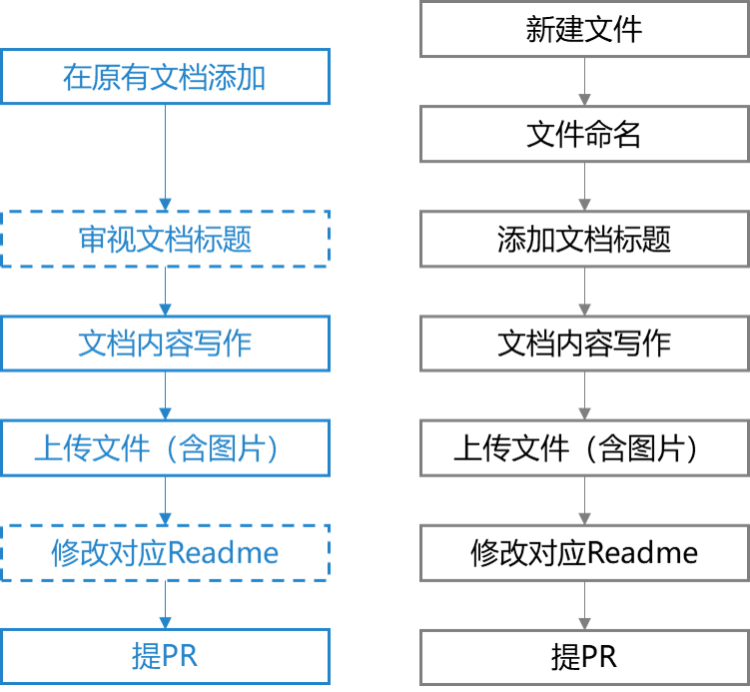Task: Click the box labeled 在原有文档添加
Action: [x=165, y=77]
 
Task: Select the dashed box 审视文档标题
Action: [x=165, y=239]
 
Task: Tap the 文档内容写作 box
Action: [x=165, y=344]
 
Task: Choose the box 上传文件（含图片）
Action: [x=165, y=447]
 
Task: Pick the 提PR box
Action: [x=165, y=656]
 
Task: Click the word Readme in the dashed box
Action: [x=223, y=552]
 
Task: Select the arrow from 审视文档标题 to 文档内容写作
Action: [x=166, y=291]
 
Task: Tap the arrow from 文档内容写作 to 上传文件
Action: [x=166, y=395]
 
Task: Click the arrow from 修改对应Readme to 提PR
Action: [x=166, y=604]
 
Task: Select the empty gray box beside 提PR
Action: [x=584, y=656]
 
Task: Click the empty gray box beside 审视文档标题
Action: [x=584, y=239]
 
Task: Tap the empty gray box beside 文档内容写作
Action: [x=584, y=344]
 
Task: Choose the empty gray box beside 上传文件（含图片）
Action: [x=584, y=447]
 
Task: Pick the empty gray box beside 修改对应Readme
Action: [x=584, y=552]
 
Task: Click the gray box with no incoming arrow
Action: [x=584, y=29]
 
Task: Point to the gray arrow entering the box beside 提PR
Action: [x=584, y=605]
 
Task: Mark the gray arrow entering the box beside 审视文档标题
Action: [x=584, y=187]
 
